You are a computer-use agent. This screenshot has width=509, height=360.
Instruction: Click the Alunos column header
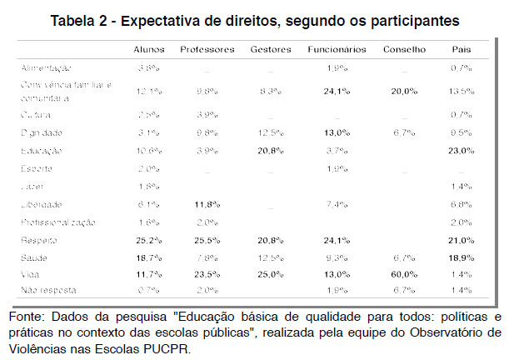pos(149,50)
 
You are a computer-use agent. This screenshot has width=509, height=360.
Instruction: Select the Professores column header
pos(207,50)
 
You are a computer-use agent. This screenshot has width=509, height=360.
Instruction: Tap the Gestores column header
pos(270,50)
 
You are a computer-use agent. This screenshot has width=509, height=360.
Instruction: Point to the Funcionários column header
pos(337,50)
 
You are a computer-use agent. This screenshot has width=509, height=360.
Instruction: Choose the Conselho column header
pos(404,50)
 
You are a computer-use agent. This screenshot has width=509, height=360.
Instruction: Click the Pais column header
pos(461,50)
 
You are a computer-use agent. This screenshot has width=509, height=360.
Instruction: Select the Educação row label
pos(42,151)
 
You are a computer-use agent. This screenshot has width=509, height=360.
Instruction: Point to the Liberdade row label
pos(42,204)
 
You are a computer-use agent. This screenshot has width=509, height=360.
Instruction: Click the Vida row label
pos(32,273)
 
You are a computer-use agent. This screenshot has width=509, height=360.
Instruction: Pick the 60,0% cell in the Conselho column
pos(404,273)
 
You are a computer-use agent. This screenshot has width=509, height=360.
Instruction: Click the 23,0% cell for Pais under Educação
pos(461,151)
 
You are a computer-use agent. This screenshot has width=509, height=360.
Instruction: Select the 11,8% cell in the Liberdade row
pos(207,204)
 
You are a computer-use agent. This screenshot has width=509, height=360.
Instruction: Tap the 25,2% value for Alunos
pos(149,239)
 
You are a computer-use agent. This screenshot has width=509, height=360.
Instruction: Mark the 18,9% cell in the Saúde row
pos(461,257)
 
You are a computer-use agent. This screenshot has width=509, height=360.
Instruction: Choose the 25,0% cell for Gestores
pos(270,273)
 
